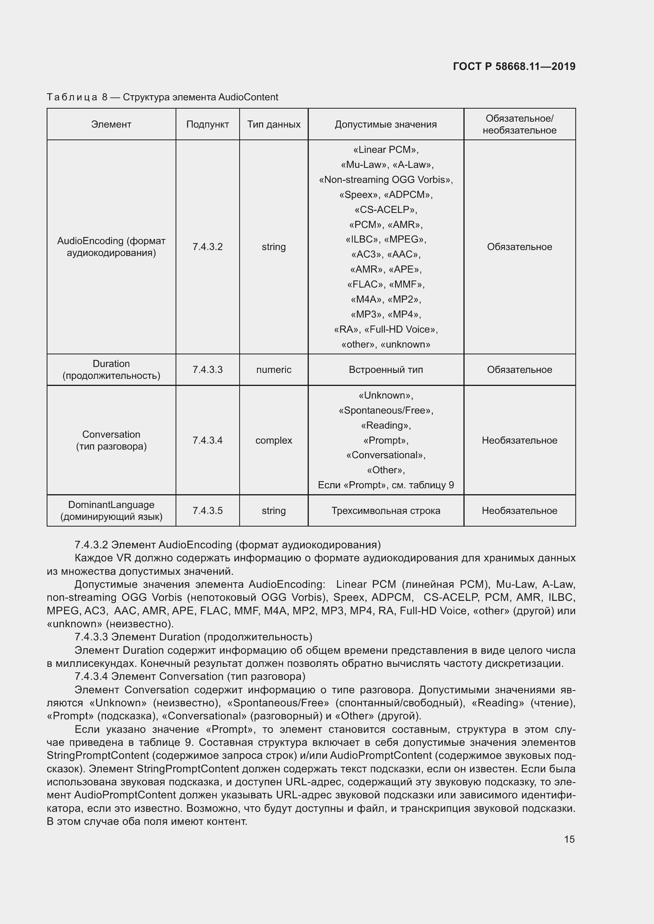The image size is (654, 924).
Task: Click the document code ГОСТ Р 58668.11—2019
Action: click(514, 66)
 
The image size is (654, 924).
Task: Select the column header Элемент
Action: click(111, 124)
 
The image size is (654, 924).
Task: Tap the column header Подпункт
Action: click(208, 124)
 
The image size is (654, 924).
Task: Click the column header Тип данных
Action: click(274, 124)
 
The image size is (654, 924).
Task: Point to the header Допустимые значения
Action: click(386, 124)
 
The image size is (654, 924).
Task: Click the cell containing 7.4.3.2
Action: click(208, 247)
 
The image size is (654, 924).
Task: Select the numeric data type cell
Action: click(274, 369)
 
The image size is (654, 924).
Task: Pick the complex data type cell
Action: click(274, 440)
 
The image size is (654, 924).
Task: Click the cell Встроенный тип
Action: click(386, 369)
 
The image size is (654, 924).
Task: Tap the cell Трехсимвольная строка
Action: click(386, 511)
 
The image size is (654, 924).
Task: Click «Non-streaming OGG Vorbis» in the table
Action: click(386, 179)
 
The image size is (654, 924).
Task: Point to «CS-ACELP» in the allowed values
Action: click(386, 210)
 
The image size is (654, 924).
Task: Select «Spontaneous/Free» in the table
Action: click(386, 410)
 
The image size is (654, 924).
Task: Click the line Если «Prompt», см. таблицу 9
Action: click(386, 485)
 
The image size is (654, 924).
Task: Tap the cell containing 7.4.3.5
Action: click(208, 511)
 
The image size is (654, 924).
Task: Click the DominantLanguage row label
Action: click(111, 510)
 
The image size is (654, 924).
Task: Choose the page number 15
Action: click(569, 839)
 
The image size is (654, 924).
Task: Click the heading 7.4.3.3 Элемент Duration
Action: click(193, 637)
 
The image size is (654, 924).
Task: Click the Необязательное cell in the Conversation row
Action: click(519, 440)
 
